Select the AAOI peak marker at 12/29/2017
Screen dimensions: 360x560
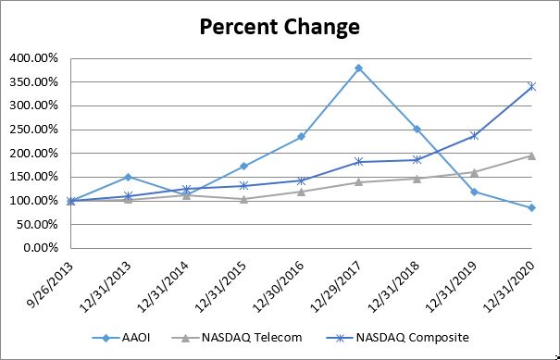click(x=358, y=68)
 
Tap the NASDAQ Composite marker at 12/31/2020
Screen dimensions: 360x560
click(x=531, y=86)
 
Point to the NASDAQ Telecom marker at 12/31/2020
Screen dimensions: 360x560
click(x=531, y=155)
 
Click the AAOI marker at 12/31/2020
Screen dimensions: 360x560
click(x=531, y=207)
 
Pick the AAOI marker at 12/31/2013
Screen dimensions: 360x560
click(x=128, y=177)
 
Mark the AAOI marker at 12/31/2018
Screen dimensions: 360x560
click(x=417, y=129)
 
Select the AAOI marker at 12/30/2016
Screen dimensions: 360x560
click(x=301, y=136)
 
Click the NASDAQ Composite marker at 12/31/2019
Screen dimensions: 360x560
click(x=474, y=135)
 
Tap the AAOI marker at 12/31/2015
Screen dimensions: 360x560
click(x=243, y=166)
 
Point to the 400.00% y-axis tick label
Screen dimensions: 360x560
click(x=34, y=58)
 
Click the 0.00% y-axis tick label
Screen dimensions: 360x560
click(x=40, y=248)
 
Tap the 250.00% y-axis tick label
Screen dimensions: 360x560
click(x=34, y=130)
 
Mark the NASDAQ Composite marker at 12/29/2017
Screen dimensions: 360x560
click(x=358, y=162)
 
